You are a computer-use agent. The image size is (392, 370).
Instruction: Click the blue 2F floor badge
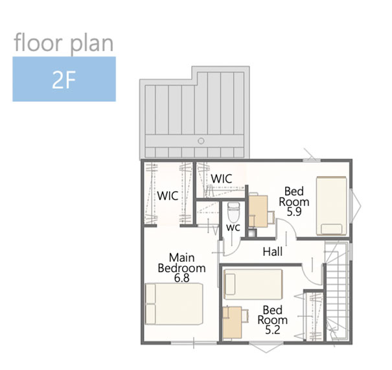click(64, 79)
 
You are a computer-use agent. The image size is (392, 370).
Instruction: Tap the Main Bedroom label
click(182, 262)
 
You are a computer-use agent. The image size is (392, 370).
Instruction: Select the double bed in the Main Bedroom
click(174, 304)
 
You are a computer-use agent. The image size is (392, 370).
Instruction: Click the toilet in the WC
click(234, 213)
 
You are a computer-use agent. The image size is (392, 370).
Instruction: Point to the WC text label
click(233, 227)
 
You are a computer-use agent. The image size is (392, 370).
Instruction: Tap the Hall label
click(273, 251)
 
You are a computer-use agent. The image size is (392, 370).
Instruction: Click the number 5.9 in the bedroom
click(294, 212)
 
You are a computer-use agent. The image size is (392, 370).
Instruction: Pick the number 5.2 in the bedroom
click(273, 330)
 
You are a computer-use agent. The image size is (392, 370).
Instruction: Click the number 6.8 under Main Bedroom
click(182, 278)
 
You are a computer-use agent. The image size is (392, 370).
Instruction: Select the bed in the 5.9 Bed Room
click(332, 206)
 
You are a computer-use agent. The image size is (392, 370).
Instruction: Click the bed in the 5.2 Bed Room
click(253, 284)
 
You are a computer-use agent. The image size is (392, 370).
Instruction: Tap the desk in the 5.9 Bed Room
click(259, 211)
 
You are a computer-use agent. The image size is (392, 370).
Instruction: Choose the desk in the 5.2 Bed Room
click(232, 323)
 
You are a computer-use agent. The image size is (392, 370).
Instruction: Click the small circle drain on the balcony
click(201, 141)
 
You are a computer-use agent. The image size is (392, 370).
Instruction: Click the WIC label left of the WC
click(168, 196)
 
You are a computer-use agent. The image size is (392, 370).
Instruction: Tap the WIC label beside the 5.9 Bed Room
click(222, 178)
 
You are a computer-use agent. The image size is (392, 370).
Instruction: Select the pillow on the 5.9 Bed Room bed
click(332, 229)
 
